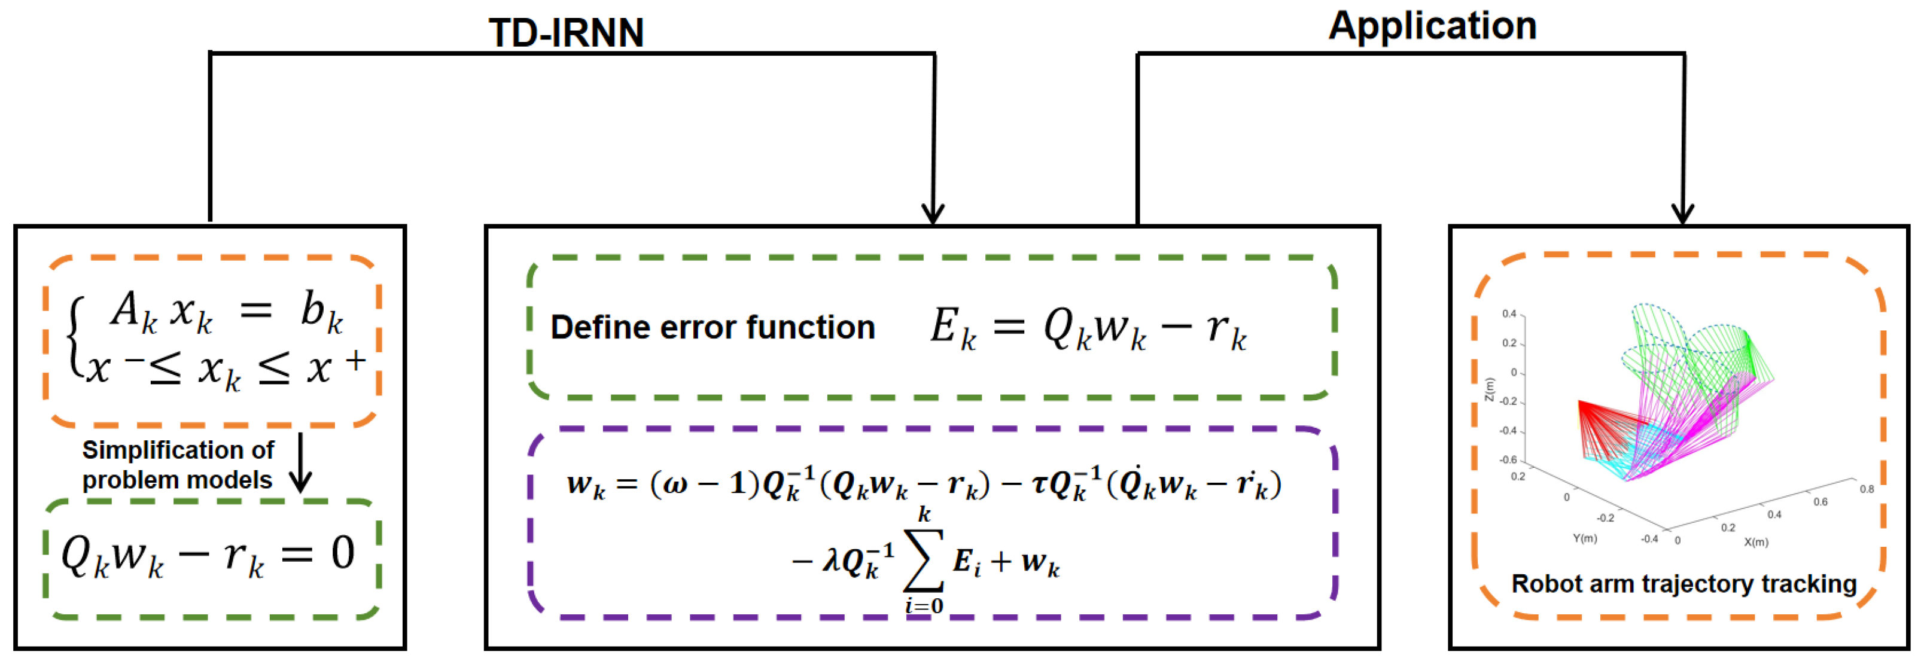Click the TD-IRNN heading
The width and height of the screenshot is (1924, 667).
click(566, 33)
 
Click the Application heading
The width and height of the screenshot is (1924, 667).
click(1432, 26)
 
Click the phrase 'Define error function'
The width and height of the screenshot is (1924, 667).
click(713, 327)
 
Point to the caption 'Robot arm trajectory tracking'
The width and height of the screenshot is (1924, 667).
click(1683, 583)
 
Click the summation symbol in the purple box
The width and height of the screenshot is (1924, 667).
click(924, 560)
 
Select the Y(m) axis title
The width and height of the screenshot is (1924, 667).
click(1584, 538)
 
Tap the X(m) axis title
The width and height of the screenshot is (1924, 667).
click(1755, 541)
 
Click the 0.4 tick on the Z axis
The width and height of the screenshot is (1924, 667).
click(1509, 313)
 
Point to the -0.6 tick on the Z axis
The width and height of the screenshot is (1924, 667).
click(1507, 459)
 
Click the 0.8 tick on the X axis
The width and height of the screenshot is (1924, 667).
click(1867, 489)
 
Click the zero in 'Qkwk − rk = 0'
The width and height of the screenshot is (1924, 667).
click(343, 553)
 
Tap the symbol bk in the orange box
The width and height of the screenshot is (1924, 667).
click(321, 310)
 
